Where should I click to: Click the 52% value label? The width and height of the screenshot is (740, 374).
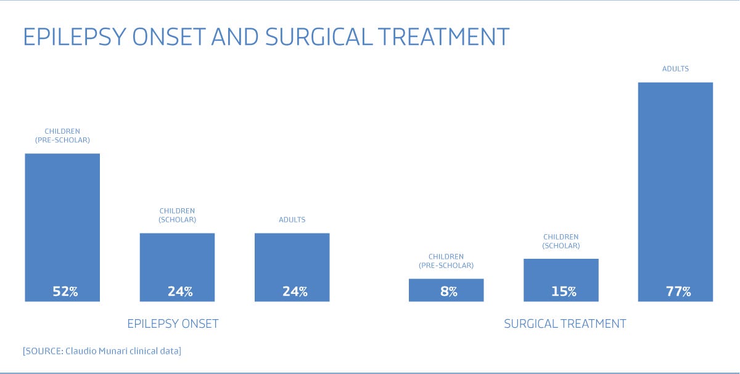coord(65,291)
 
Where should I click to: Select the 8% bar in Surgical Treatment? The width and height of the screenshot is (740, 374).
coord(446,290)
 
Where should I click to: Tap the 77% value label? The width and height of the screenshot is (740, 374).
coord(678,291)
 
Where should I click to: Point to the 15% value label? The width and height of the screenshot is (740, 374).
coord(564,291)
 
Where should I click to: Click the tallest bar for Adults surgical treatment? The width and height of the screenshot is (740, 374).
coord(675,192)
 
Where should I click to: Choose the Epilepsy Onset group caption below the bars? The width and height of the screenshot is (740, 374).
coord(173,324)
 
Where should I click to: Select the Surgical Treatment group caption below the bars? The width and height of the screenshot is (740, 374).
coord(565,324)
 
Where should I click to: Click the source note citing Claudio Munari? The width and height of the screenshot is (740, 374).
coord(102,351)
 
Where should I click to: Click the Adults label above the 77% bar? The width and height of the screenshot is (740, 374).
coord(675,68)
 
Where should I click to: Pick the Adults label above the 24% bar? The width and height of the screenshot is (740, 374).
coord(292,220)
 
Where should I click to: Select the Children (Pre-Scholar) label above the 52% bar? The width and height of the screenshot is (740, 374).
coord(62,136)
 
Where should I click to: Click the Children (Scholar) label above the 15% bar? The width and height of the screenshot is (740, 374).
coord(561,242)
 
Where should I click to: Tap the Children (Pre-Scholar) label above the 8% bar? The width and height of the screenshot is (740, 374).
coord(446,261)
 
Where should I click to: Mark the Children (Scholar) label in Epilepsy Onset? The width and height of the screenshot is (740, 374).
coord(177,215)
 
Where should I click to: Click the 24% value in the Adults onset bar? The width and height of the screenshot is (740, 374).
coord(295,291)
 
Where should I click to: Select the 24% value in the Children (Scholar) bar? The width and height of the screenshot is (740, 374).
coord(180,291)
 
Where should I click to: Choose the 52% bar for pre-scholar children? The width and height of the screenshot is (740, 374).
coord(62,227)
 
